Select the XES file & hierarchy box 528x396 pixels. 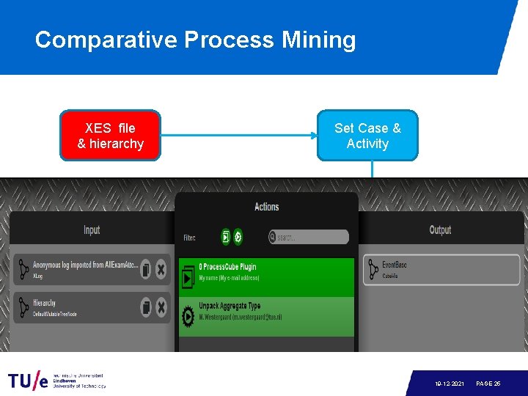(111, 136)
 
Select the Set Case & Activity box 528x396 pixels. (367, 136)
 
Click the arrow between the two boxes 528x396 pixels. (239, 136)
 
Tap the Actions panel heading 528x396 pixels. (266, 207)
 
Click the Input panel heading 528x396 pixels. (92, 230)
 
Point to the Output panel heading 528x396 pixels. (440, 230)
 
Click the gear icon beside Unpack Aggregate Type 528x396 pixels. (187, 312)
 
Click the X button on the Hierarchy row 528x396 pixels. (161, 307)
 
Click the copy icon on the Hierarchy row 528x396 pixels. (145, 307)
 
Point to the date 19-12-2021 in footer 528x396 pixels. (448, 384)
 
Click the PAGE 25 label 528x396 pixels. (488, 384)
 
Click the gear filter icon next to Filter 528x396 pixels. (238, 237)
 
